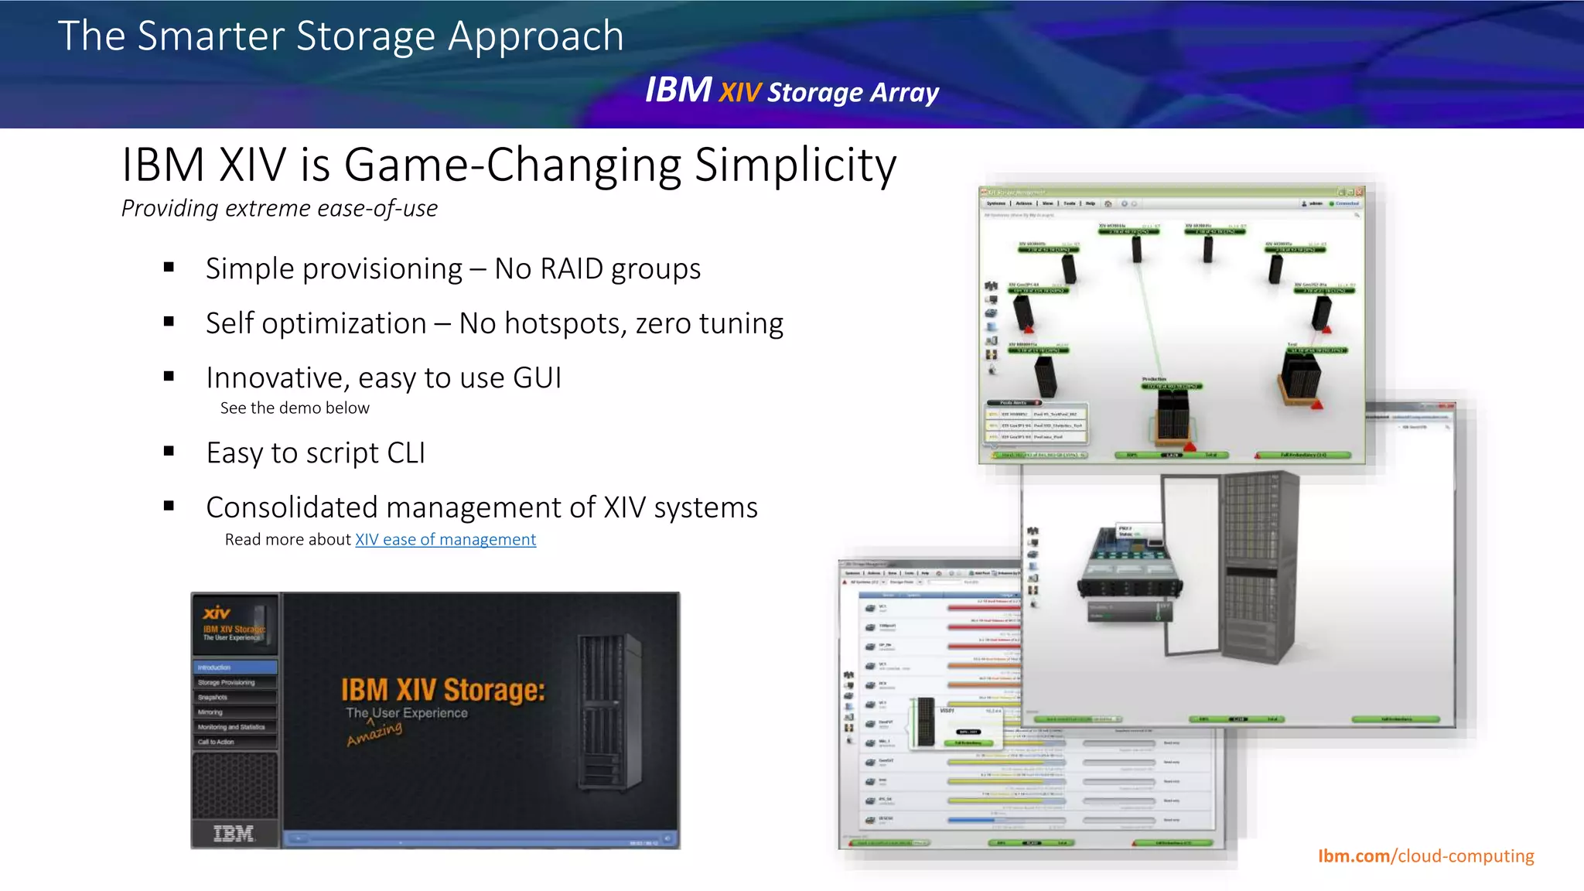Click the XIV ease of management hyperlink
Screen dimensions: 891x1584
click(445, 540)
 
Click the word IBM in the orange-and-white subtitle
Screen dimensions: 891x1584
click(678, 90)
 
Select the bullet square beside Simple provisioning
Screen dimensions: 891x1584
click(169, 268)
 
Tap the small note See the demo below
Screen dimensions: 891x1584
click(295, 408)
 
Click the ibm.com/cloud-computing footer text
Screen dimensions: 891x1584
click(1425, 856)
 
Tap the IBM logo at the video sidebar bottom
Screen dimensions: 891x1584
click(234, 834)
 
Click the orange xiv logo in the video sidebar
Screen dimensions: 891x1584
click(217, 613)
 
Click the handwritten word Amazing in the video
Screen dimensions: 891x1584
click(375, 732)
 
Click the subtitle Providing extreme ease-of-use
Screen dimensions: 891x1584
click(279, 209)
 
